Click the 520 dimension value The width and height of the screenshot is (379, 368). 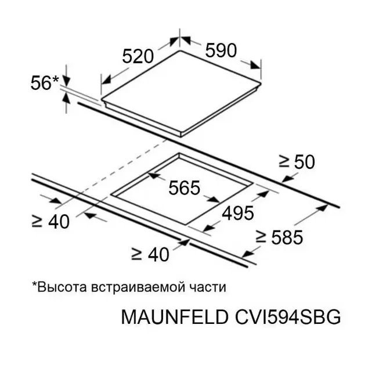tap(138, 56)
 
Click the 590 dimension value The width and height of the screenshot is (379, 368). tap(221, 50)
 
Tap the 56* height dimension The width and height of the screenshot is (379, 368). tap(45, 83)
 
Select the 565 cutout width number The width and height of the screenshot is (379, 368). tap(185, 187)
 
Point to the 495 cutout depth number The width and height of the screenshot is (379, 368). tap(238, 213)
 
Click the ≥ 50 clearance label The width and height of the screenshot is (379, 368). tap(297, 162)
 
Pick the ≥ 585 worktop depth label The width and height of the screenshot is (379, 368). tap(279, 237)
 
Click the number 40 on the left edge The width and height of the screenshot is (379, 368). tap(59, 221)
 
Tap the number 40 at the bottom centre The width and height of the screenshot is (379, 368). tap(158, 254)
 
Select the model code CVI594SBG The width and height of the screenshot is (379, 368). tap(288, 317)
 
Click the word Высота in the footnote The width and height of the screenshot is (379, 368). tap(59, 287)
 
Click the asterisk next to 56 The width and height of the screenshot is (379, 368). tap(55, 78)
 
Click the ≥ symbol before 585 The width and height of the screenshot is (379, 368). tap(261, 237)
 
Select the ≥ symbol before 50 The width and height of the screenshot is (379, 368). tap(284, 161)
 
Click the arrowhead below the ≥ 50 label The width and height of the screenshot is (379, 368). tap(288, 178)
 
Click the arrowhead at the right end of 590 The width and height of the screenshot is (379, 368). tap(255, 66)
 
